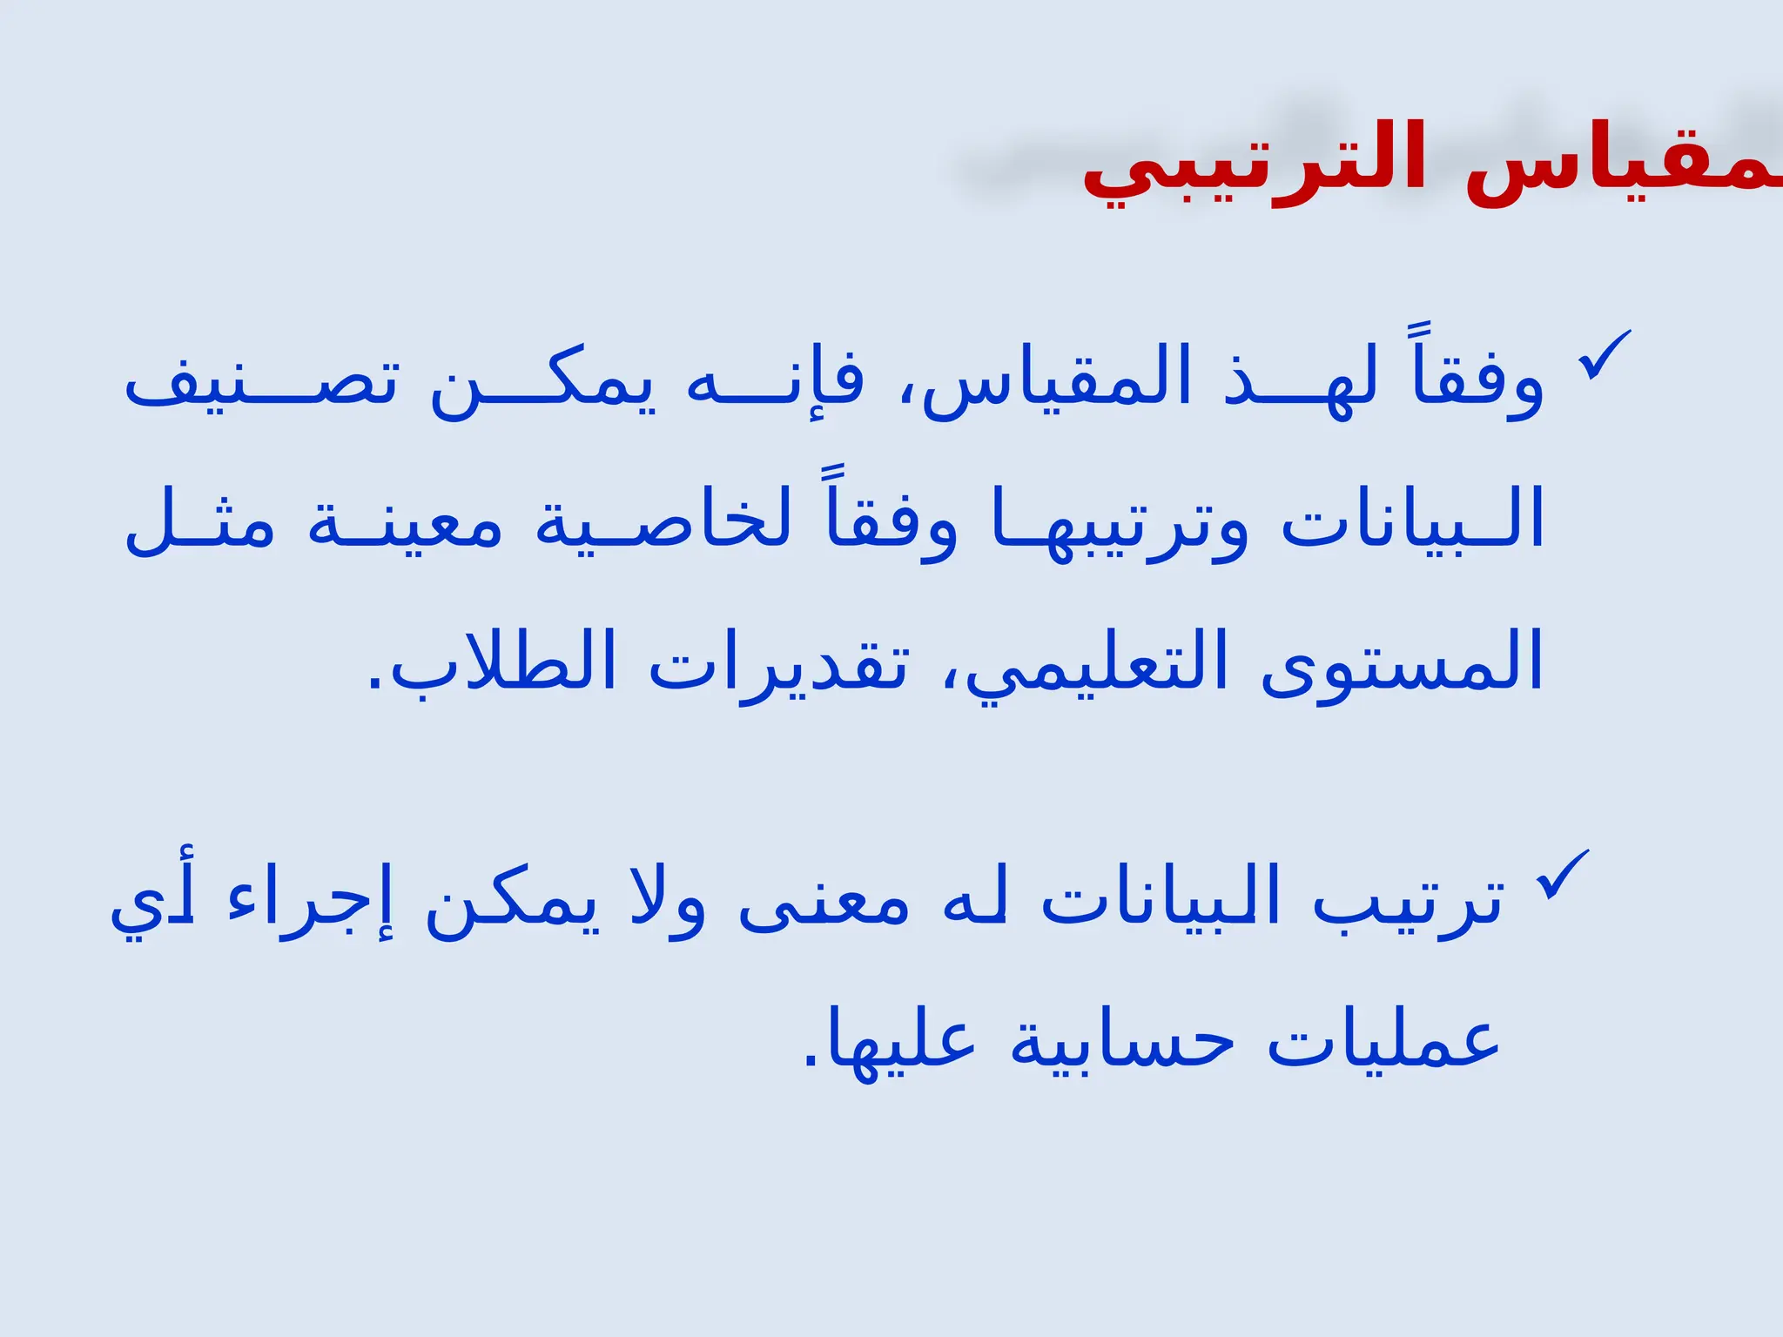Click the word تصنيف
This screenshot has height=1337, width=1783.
(261, 383)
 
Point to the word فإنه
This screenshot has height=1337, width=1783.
(775, 383)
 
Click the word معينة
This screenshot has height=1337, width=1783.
(405, 522)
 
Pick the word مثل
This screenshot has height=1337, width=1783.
(200, 522)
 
